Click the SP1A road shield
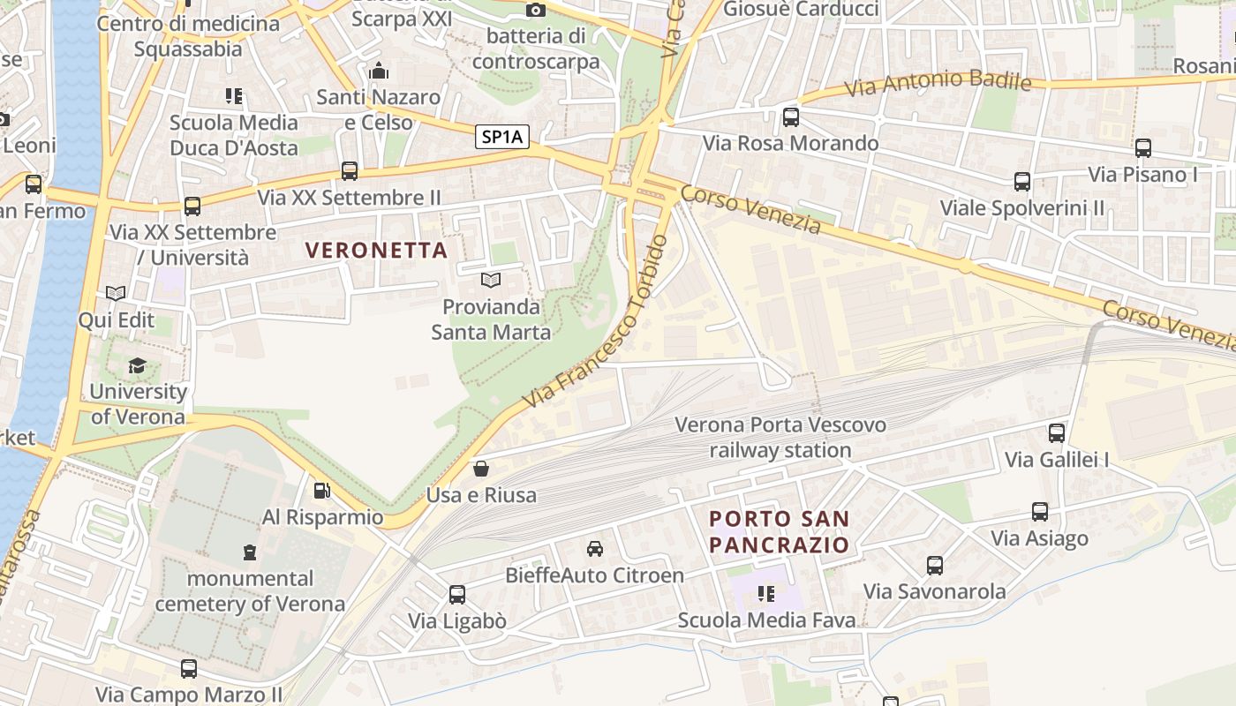point(502,137)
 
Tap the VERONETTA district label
point(377,250)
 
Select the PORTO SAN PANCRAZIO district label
point(780,531)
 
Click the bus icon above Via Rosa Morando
point(791,117)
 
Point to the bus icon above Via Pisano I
point(1143,148)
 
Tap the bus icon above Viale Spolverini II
point(1022,183)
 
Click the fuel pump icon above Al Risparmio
point(322,491)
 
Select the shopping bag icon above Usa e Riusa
point(481,469)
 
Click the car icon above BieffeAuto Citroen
point(595,549)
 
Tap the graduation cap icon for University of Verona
point(137,365)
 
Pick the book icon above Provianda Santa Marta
point(491,281)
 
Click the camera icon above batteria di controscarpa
point(536,11)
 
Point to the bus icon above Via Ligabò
point(457,595)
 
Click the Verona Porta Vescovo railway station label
point(780,438)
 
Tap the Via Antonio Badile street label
point(938,84)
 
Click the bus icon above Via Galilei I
point(1057,433)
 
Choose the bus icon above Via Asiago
point(1040,512)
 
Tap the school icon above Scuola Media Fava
point(766,594)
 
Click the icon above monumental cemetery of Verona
point(250,552)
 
